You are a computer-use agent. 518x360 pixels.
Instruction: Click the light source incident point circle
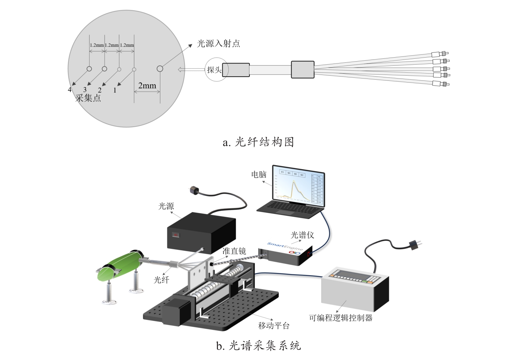pyautogui.click(x=160, y=69)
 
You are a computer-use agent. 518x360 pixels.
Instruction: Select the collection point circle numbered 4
pyautogui.click(x=89, y=69)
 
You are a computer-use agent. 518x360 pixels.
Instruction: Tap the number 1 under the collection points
pyautogui.click(x=115, y=90)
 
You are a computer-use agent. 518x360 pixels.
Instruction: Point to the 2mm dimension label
pyautogui.click(x=147, y=86)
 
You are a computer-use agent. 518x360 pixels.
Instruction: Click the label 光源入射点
pyautogui.click(x=219, y=44)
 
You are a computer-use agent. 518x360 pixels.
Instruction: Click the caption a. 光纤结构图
pyautogui.click(x=258, y=142)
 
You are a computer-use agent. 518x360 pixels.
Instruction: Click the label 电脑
pyautogui.click(x=259, y=174)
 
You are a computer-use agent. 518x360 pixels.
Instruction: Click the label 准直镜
pyautogui.click(x=234, y=251)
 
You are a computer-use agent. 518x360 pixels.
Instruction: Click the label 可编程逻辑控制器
pyautogui.click(x=340, y=318)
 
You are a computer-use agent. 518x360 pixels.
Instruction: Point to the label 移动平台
pyautogui.click(x=274, y=326)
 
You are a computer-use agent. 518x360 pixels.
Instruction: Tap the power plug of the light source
pyautogui.click(x=193, y=190)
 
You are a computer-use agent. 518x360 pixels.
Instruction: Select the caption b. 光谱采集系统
pyautogui.click(x=258, y=345)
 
